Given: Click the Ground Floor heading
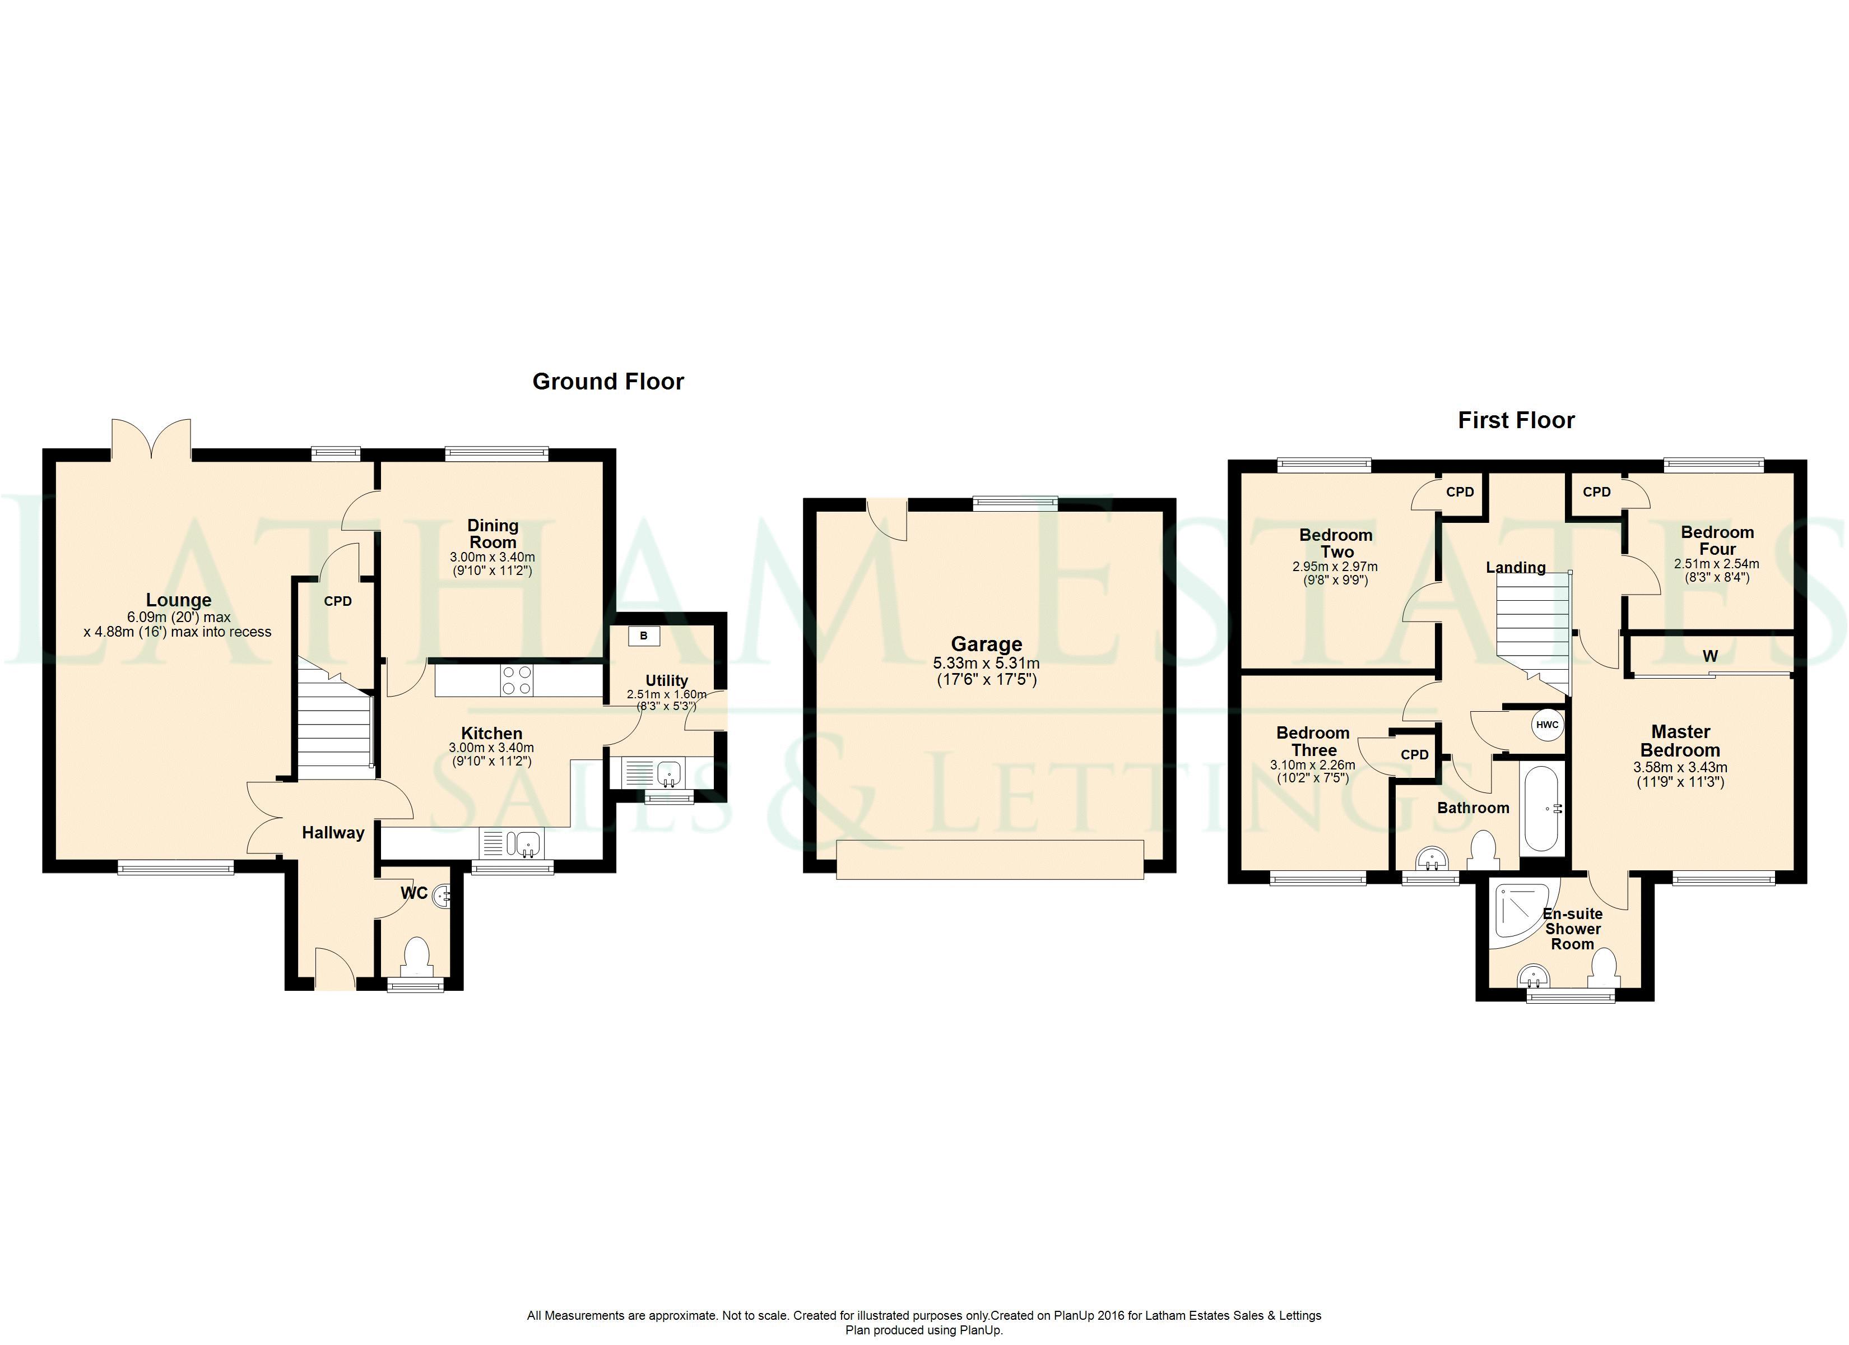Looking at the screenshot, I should point(607,382).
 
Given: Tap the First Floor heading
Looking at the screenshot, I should point(1516,421).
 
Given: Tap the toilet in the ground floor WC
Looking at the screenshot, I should point(417,955).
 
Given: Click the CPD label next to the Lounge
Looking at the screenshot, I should point(337,602).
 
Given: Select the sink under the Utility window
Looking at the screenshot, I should point(668,771).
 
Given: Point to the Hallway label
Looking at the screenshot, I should point(333,833).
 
